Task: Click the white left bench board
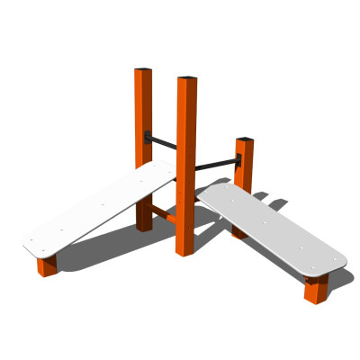[99, 209]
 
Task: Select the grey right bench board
[270, 229]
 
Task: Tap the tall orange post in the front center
[186, 162]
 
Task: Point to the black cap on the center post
[187, 78]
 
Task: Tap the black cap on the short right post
[244, 139]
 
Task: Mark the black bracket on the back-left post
[147, 137]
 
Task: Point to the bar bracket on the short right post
[238, 160]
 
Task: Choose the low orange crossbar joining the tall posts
[162, 213]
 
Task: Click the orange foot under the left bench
[47, 265]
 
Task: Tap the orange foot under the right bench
[315, 290]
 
